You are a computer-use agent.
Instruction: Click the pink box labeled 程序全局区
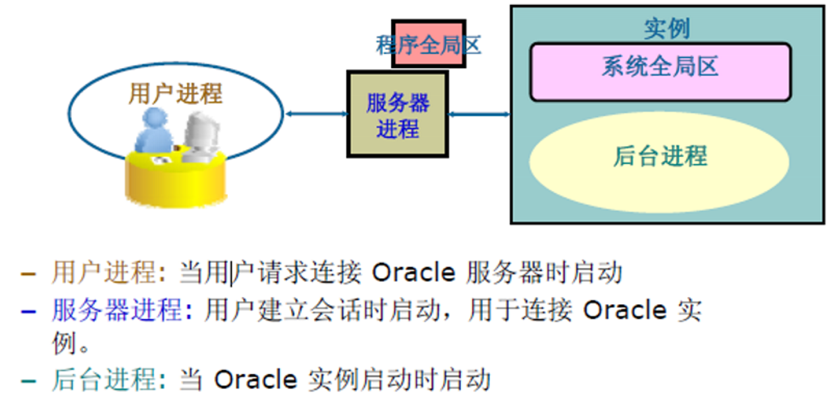429,44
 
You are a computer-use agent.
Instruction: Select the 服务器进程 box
398,114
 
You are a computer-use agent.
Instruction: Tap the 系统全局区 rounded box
661,72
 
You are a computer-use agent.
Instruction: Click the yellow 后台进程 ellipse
659,162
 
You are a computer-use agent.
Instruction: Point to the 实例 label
667,29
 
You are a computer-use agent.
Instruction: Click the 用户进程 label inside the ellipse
175,94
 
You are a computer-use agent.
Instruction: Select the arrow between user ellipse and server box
316,114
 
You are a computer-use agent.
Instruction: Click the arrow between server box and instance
479,114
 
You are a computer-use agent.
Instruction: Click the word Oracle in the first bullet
413,273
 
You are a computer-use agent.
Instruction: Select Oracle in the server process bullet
624,310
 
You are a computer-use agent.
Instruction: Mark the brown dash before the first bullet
28,274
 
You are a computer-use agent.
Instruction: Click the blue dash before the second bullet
28,312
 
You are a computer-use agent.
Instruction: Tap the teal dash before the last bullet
28,380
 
